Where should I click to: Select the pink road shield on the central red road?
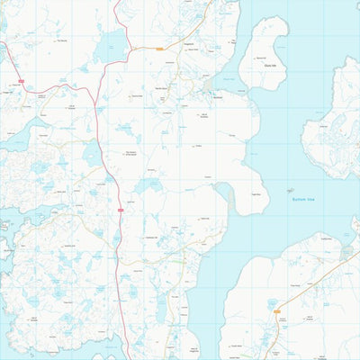[x=119, y=210]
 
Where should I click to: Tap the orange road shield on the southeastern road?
[x=275, y=310]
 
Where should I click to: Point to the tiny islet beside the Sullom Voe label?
[x=290, y=190]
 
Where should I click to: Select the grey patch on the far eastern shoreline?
[x=346, y=253]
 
